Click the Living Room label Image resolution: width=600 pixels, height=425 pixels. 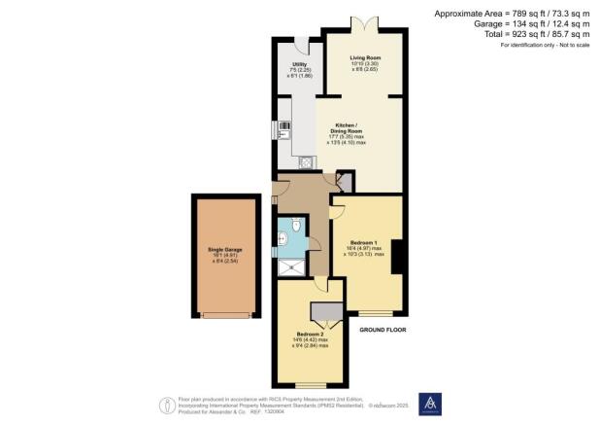coord(365,57)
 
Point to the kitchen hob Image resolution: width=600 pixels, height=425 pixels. coord(284,125)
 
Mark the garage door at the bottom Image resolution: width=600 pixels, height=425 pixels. coord(227,315)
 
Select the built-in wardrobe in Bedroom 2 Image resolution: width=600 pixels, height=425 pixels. coord(325,311)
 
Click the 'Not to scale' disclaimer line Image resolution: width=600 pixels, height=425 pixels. coord(545,46)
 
